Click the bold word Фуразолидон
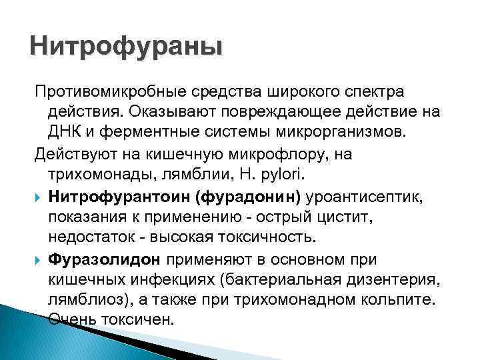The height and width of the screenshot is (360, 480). tap(105, 258)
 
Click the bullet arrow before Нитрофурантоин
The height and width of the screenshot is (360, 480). tap(38, 196)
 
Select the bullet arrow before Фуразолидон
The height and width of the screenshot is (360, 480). tap(38, 258)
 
